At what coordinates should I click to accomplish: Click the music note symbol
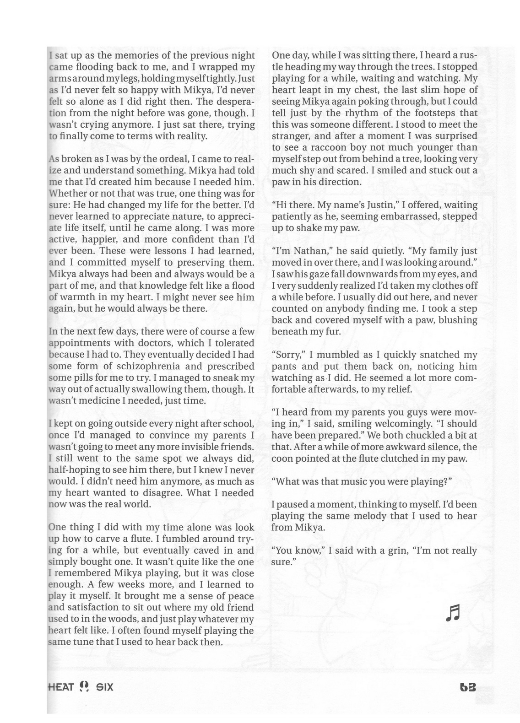pos(452,612)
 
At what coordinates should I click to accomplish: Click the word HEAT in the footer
pos(61,687)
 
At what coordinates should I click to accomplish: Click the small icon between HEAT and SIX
pos(83,687)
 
